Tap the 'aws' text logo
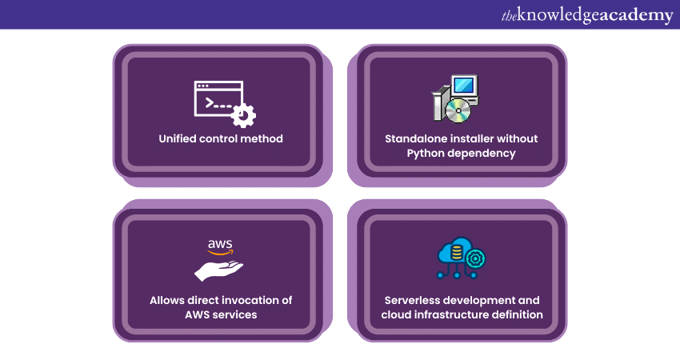click(x=220, y=245)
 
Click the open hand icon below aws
click(x=220, y=269)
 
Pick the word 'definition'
click(x=517, y=314)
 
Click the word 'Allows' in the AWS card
click(x=168, y=300)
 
